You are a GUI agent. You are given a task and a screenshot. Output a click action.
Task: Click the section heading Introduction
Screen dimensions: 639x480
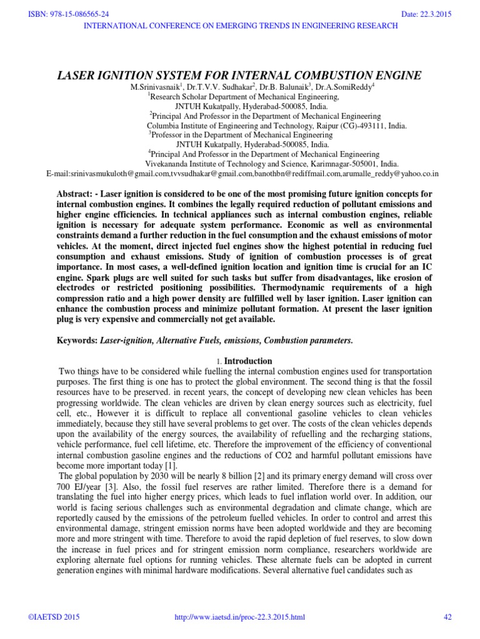pyautogui.click(x=248, y=361)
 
